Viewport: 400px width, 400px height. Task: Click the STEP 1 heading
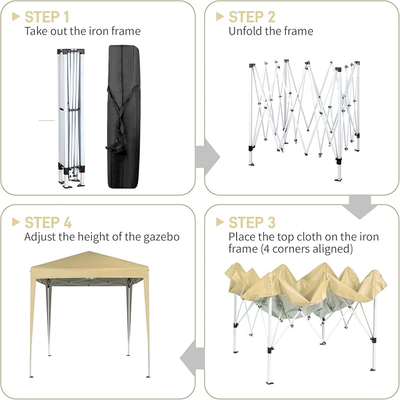coord(47,17)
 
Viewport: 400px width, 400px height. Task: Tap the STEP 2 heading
coord(252,17)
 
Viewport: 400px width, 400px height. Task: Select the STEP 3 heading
coord(252,223)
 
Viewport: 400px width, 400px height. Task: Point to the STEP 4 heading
coord(48,223)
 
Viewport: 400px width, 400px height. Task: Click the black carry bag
coord(124,117)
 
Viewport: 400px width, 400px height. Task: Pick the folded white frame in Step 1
coord(71,118)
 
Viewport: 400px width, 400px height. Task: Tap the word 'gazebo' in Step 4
coord(161,237)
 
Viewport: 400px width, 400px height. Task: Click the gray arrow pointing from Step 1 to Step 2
coord(207,157)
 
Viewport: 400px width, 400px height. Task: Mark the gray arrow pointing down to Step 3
coord(360,207)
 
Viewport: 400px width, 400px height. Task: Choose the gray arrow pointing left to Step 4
coord(193,358)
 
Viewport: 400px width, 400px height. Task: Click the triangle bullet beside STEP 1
coord(16,16)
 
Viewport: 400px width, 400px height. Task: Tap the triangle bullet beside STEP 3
coord(220,222)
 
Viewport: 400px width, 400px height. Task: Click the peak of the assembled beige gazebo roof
coord(89,252)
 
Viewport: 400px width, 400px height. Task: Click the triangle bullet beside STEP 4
coord(16,222)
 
